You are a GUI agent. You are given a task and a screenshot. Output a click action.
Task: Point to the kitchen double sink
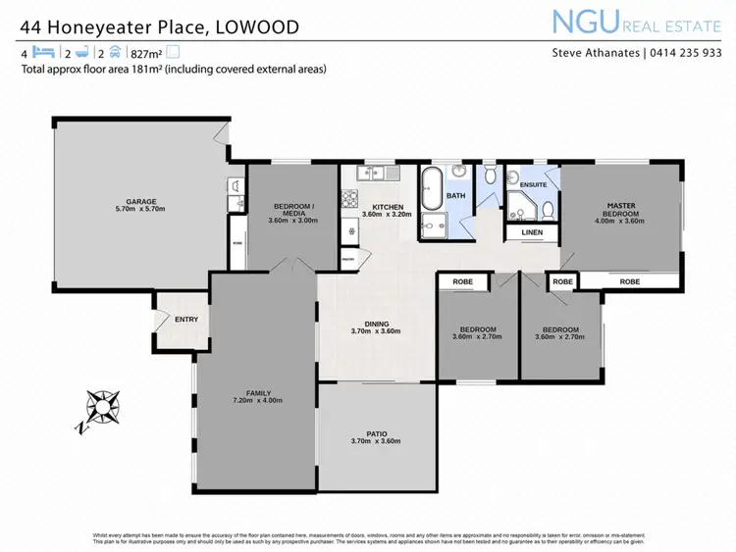click(373, 174)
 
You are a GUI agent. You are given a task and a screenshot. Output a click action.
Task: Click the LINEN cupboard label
click(532, 232)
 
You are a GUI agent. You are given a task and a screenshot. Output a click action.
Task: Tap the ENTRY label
click(186, 320)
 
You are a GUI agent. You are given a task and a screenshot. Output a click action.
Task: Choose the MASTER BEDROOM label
click(620, 210)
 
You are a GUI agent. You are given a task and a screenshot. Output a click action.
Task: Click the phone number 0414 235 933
click(684, 53)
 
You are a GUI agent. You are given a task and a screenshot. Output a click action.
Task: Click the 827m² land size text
click(145, 54)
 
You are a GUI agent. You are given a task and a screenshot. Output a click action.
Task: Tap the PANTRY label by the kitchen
click(348, 259)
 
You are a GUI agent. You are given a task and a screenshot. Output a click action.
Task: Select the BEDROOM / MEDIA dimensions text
click(292, 220)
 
